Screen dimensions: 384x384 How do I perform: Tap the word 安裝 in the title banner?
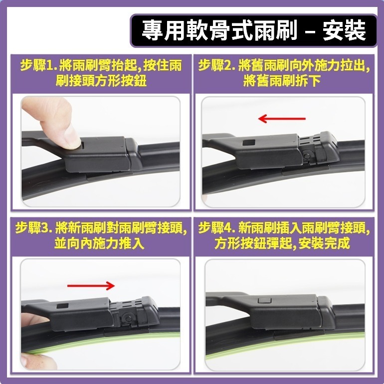coord(344,30)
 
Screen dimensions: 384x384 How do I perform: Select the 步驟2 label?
coord(216,66)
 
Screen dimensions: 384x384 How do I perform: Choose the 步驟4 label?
coord(216,229)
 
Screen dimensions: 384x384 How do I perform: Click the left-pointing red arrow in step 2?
coord(281,119)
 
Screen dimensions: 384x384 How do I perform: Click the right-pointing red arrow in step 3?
coord(91,285)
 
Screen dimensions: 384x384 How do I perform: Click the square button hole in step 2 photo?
coord(247,143)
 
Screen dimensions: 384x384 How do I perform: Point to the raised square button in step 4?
coord(263,301)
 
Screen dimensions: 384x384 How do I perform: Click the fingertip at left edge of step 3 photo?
coord(25,319)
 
